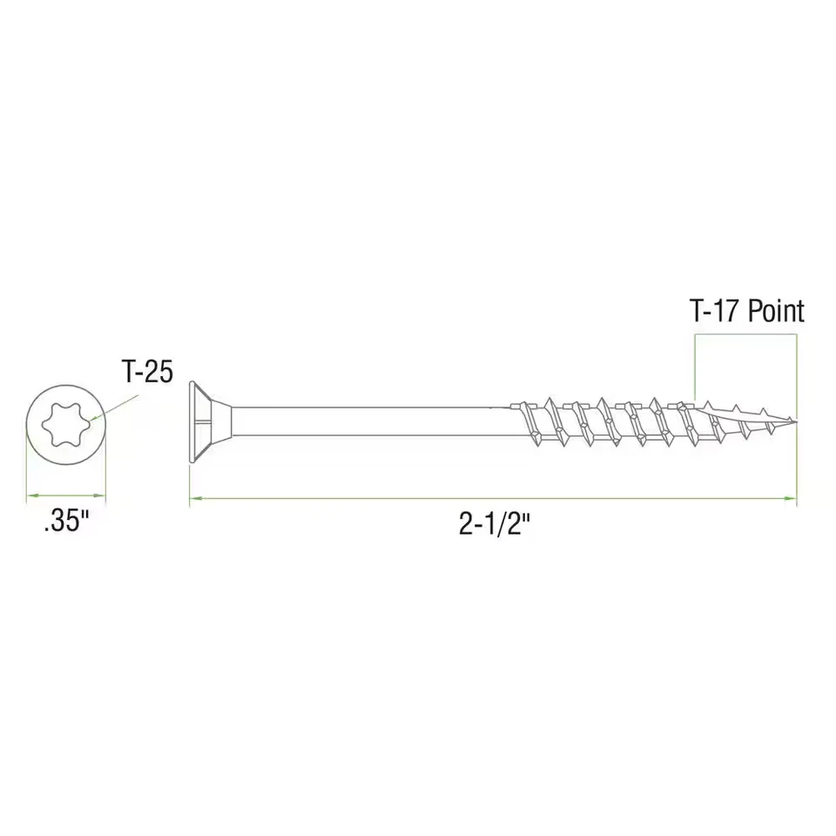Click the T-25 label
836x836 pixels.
pos(145,373)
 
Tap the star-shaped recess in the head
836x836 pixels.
pos(66,423)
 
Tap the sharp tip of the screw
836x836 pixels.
pos(795,423)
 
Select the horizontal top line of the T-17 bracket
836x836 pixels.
pos(745,338)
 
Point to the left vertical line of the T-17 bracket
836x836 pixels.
pos(695,370)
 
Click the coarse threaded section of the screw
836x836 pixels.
pos(610,422)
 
